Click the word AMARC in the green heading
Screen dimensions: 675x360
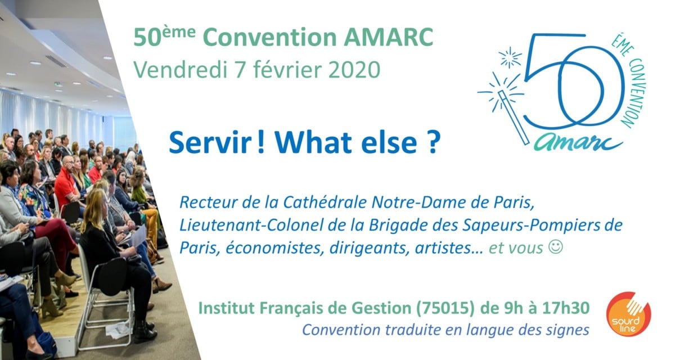[389, 37]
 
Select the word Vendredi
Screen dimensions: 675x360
[180, 70]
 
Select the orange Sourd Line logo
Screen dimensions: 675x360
[628, 314]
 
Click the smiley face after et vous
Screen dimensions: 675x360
[555, 247]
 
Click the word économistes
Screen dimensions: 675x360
[274, 248]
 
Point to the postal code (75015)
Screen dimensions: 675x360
[445, 308]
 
